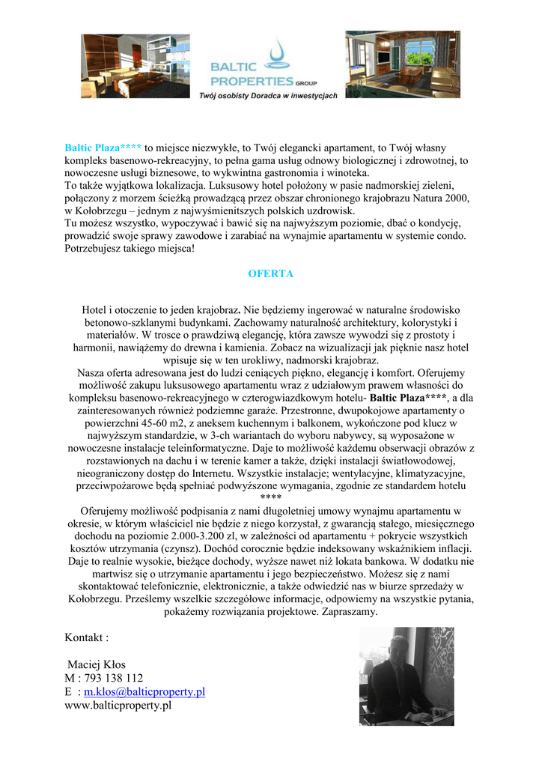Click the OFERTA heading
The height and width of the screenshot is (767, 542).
pos(270,274)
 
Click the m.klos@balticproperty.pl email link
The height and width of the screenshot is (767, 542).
pos(144,691)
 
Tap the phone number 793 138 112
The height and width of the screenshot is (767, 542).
pos(111,678)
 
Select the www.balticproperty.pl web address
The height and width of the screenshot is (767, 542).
pos(118,705)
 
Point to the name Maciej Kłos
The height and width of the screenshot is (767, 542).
pos(97,664)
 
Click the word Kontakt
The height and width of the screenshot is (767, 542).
pos(85,637)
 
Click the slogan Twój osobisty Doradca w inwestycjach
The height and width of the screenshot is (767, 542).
pos(267,96)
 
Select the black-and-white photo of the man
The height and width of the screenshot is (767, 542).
pos(406,676)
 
